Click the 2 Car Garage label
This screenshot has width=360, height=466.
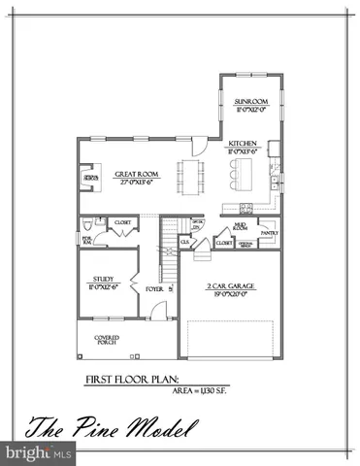click(231, 287)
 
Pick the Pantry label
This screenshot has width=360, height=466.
click(269, 233)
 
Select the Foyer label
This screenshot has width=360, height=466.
click(153, 288)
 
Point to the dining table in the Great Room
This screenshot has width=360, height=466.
click(187, 177)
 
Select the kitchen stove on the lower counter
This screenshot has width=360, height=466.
click(245, 208)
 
